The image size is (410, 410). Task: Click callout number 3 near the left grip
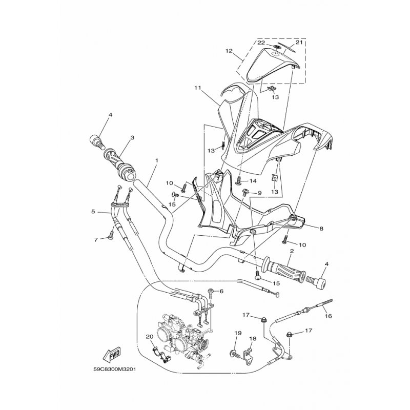click(x=132, y=137)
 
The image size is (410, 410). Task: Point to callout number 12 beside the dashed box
click(x=229, y=51)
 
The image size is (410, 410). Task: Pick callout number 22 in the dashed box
click(x=261, y=43)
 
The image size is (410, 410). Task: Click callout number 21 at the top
click(x=299, y=43)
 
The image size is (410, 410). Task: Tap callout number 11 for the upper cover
click(x=197, y=88)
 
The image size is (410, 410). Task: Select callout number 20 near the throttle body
click(x=150, y=337)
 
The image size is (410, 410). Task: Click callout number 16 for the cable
click(x=328, y=316)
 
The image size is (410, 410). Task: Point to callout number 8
click(x=321, y=229)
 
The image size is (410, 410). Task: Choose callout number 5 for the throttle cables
click(x=93, y=211)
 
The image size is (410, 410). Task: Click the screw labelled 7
click(x=111, y=235)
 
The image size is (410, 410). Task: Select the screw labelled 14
click(x=239, y=181)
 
